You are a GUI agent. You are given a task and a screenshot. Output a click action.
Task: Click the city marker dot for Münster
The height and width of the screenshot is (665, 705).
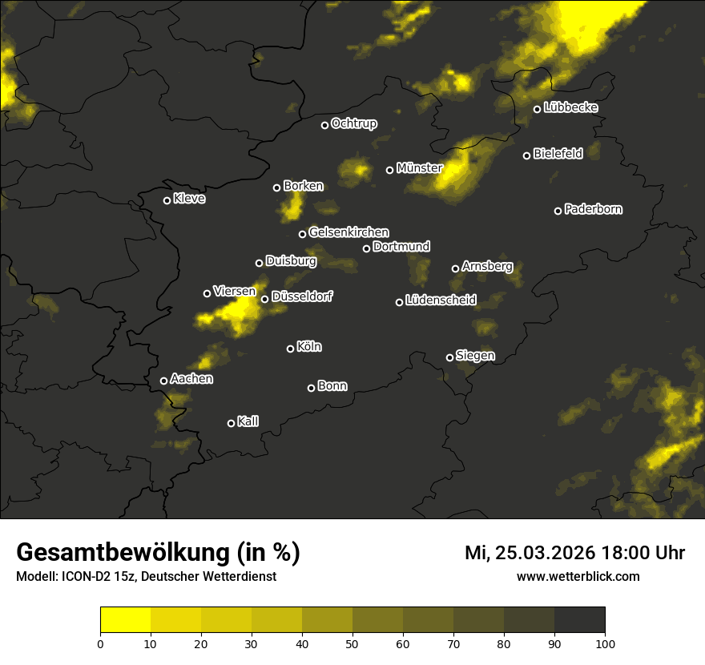[x=390, y=170]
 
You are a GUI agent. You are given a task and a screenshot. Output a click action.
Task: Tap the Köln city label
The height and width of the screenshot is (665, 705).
[x=309, y=347]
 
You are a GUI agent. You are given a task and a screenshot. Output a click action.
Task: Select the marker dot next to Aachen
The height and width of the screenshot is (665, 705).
[x=163, y=381]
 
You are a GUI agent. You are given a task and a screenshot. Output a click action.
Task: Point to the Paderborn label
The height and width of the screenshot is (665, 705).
[x=594, y=209]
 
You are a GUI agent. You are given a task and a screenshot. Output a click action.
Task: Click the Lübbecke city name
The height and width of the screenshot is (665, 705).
[x=570, y=107]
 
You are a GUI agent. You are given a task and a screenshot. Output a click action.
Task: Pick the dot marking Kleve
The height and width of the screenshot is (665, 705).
[x=167, y=200]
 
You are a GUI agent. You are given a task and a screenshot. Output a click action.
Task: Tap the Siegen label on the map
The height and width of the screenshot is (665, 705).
[x=475, y=355]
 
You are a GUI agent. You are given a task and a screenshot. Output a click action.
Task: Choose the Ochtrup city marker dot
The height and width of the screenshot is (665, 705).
[x=324, y=125]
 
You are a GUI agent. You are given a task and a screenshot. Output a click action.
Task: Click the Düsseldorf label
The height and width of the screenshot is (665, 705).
[x=302, y=296]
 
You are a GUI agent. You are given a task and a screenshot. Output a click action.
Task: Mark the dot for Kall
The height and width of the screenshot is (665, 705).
[x=231, y=423]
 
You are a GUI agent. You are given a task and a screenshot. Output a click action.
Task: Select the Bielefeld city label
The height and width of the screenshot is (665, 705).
[x=558, y=154]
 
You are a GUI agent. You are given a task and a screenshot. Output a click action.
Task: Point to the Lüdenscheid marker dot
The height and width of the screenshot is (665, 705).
[x=399, y=302]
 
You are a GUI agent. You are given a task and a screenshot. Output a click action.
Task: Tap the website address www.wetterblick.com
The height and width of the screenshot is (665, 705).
[x=578, y=576]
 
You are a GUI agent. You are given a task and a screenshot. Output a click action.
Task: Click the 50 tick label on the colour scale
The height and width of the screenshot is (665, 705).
[x=352, y=643]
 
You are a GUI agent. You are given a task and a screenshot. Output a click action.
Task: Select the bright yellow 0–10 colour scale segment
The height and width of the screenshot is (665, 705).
[x=126, y=620]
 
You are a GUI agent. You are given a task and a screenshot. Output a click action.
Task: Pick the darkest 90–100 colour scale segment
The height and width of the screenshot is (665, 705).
[x=579, y=620]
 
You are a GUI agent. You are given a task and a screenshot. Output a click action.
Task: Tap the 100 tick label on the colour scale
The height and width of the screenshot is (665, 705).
[x=605, y=643]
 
